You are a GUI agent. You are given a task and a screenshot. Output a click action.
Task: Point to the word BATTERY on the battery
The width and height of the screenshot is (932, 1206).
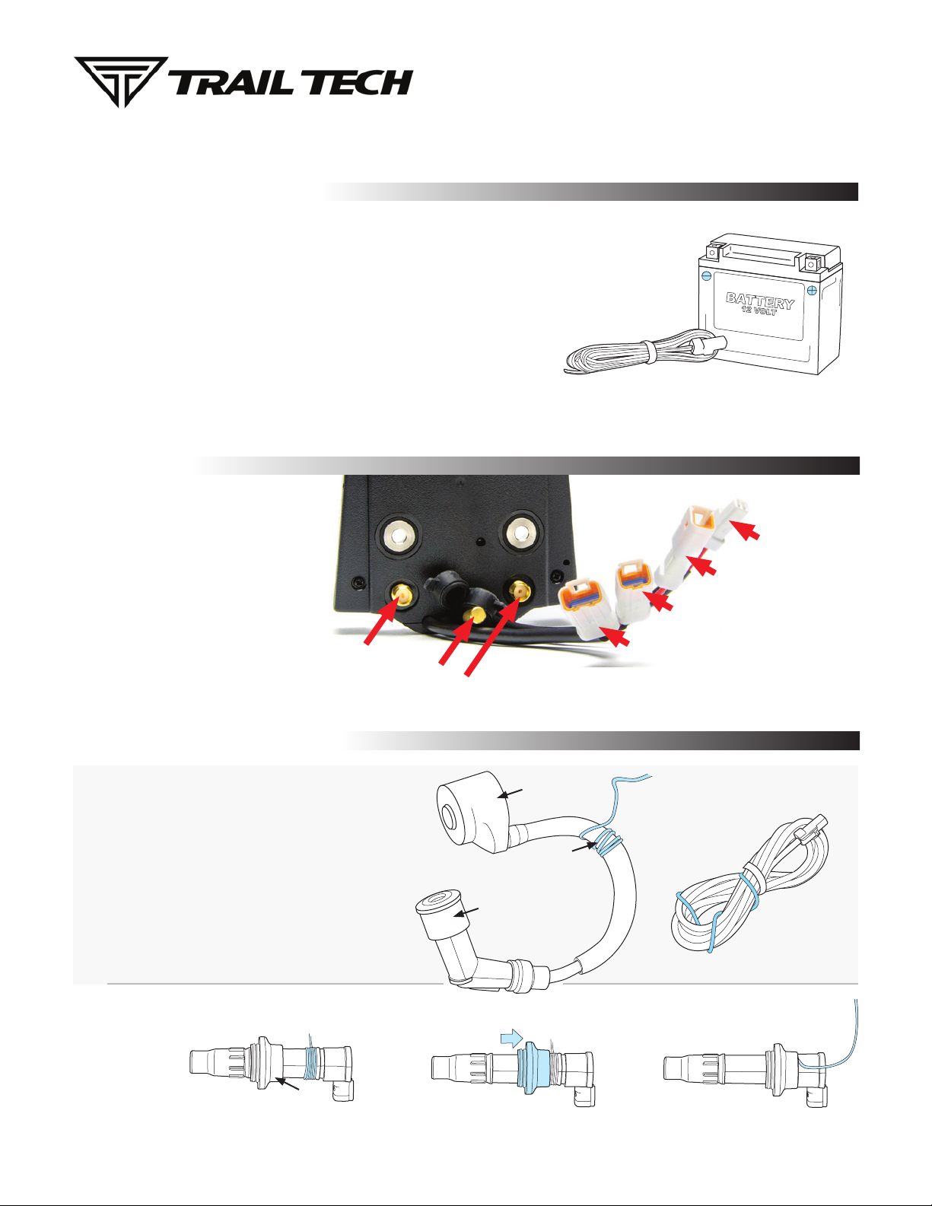(760, 301)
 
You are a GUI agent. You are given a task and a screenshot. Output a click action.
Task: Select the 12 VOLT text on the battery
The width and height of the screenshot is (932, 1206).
(759, 310)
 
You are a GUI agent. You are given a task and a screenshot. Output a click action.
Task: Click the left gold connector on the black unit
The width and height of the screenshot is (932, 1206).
(403, 595)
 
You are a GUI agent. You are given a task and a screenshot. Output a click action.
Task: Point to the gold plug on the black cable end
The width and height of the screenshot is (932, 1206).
(476, 614)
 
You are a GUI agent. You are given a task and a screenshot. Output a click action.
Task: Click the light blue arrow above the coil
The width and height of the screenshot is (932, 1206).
(511, 1037)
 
